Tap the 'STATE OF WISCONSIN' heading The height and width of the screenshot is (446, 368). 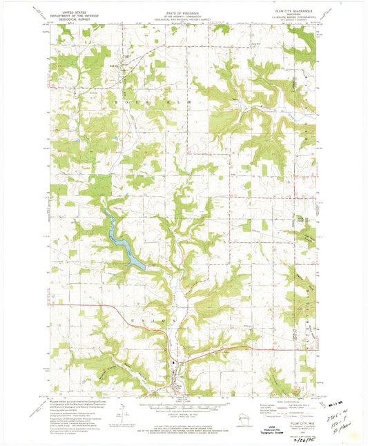183,11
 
